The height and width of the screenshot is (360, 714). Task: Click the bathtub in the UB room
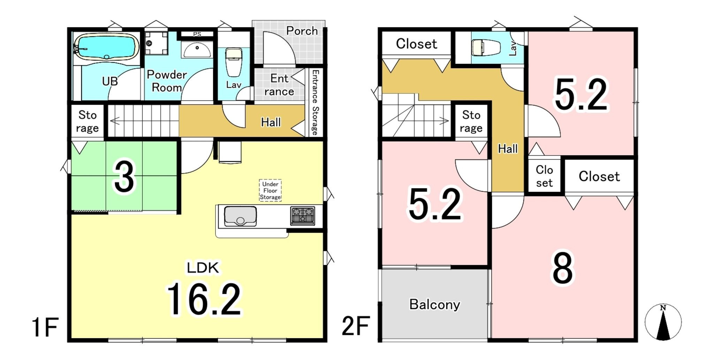pos(106,47)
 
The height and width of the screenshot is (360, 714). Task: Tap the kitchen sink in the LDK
pos(240,216)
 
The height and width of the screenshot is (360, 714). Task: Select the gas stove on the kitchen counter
pos(303,216)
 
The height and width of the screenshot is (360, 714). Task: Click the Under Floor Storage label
pos(270,190)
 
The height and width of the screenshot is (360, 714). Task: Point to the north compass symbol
pos(663,322)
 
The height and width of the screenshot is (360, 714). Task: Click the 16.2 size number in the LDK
pos(204,299)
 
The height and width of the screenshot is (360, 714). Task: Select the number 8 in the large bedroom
pos(562,268)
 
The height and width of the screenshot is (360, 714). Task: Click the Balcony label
pos(434,305)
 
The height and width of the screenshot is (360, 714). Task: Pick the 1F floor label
pos(45,327)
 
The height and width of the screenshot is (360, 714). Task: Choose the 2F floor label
pos(356,326)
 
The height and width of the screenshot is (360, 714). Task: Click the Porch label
pos(302,31)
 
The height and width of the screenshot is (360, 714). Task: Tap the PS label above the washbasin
pos(197,34)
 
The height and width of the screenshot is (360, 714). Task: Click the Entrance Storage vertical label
pos(315,103)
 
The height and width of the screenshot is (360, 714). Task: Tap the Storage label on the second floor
pos(471,121)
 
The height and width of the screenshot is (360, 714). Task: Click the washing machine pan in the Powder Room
pos(156,43)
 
